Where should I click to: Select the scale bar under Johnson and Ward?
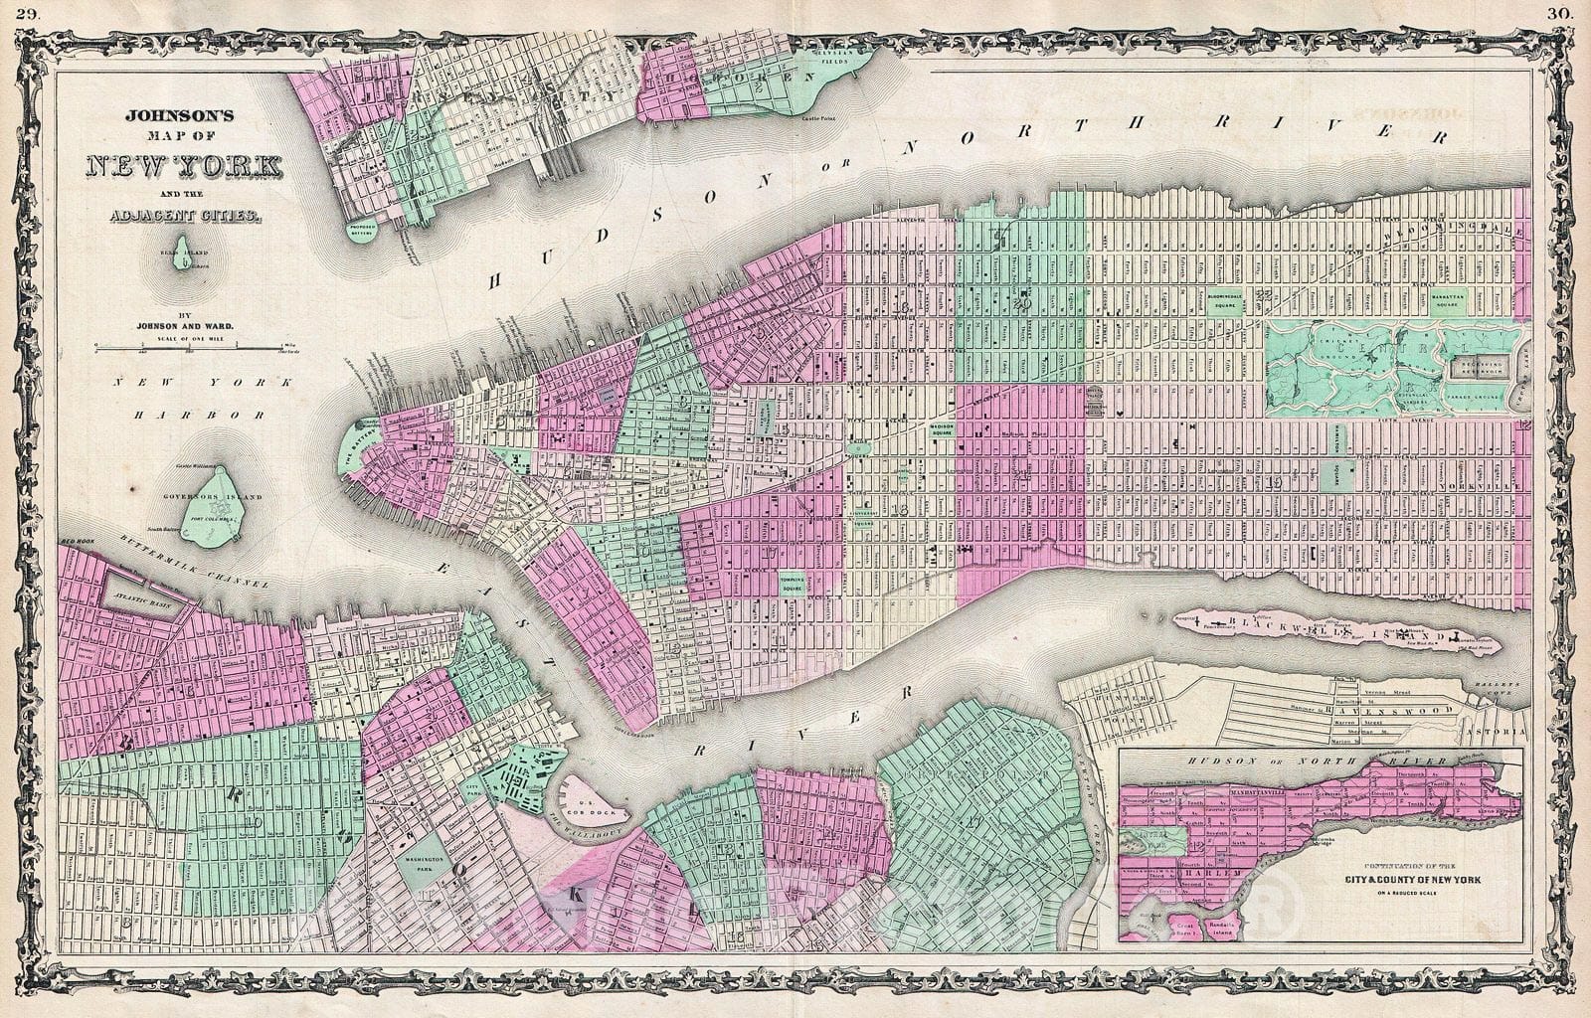pos(185,347)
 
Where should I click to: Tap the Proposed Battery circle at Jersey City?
pos(364,229)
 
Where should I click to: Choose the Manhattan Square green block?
pos(1449,299)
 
